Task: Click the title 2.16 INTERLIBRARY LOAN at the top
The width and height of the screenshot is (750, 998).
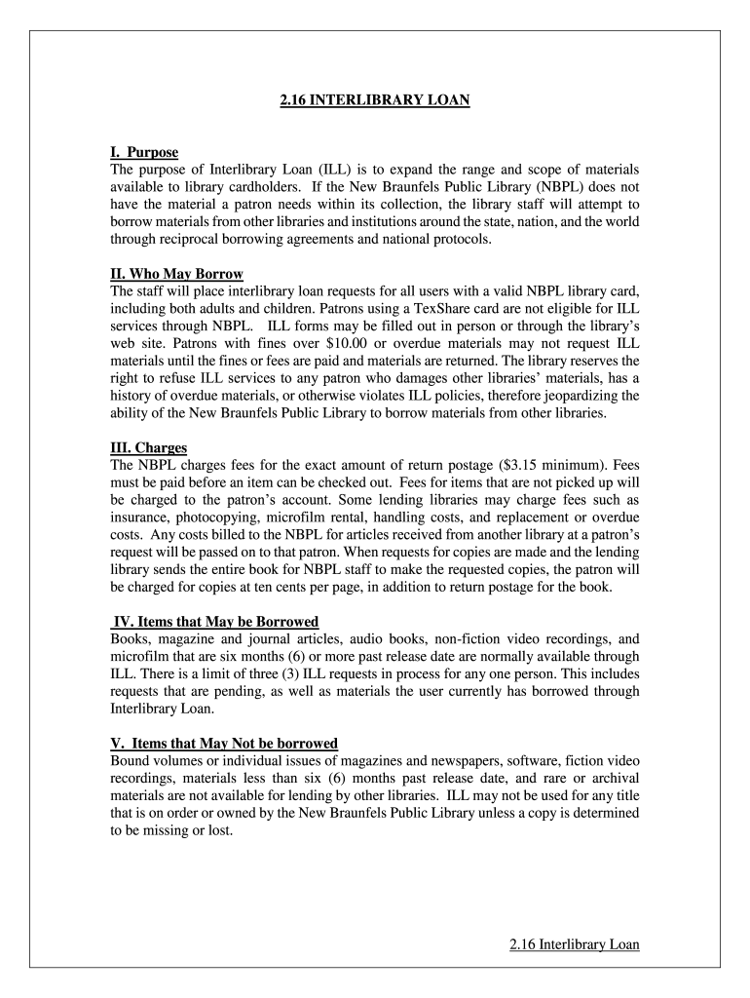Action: tap(375, 99)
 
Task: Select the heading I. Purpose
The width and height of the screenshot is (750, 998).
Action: tap(144, 153)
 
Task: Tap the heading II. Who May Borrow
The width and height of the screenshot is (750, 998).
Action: tap(176, 274)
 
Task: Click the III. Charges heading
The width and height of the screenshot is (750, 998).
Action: tap(148, 448)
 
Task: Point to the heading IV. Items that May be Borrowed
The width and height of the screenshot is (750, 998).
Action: tap(216, 622)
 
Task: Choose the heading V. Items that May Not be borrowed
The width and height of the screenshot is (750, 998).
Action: tap(224, 743)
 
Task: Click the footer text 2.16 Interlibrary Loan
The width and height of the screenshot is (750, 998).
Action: tap(574, 944)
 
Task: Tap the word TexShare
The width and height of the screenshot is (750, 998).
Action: tap(431, 309)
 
